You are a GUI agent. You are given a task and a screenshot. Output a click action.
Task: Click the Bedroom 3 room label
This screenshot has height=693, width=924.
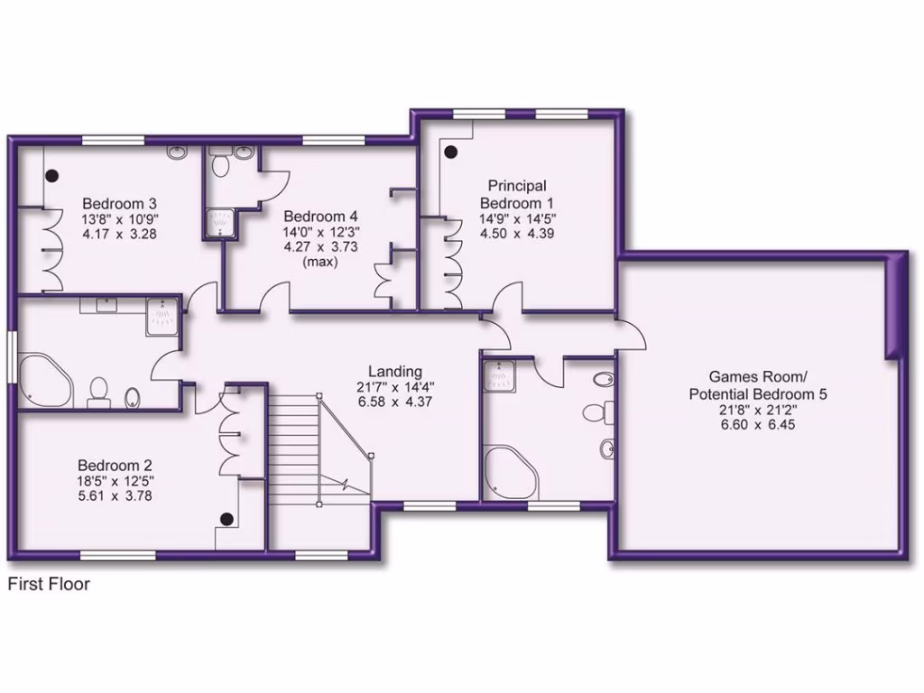pos(120,202)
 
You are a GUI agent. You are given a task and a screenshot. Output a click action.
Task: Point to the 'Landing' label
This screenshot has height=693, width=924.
pos(394,371)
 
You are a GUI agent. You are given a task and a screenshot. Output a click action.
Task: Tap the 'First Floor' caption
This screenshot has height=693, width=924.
pos(49,584)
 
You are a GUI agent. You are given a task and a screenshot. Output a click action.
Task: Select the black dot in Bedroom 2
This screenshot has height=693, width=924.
pos(227,518)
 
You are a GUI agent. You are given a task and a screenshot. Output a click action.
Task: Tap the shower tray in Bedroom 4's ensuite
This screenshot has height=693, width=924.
pos(217,223)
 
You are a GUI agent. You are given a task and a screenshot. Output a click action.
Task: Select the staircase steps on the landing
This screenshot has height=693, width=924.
pos(293,442)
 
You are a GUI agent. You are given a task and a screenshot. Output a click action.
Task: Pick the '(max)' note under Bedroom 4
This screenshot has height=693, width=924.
pos(320,263)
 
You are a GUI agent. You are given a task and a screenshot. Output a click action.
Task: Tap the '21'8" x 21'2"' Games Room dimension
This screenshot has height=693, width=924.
pos(758,410)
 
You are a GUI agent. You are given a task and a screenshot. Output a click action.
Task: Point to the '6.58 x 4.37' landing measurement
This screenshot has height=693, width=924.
pos(394,402)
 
